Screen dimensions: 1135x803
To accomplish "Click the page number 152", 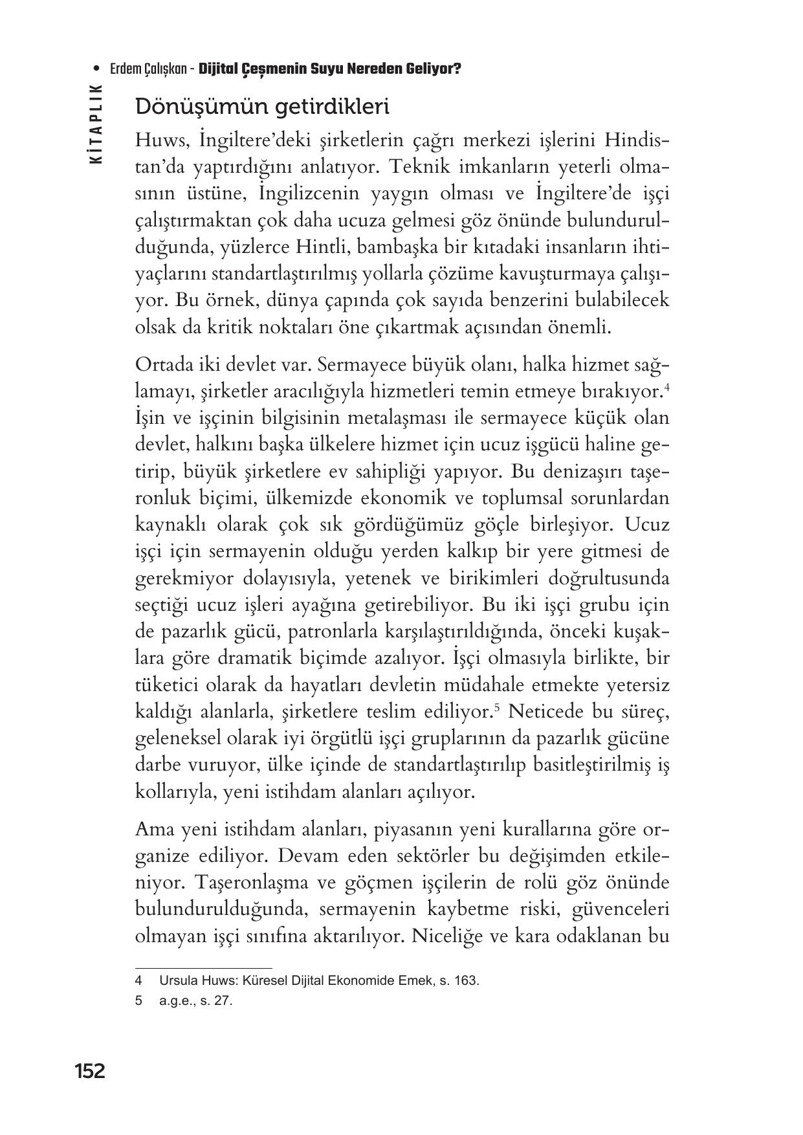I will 89,1072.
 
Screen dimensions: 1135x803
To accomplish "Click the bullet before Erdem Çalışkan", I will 96,69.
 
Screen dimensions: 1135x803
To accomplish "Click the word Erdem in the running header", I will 126,69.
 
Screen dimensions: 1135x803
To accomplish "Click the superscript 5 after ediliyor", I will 496,708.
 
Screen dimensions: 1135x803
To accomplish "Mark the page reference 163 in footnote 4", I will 465,980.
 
